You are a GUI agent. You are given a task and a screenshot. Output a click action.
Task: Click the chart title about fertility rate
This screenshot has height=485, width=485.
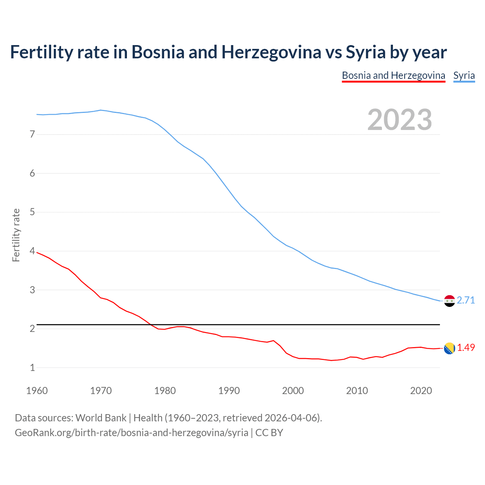[x=228, y=52]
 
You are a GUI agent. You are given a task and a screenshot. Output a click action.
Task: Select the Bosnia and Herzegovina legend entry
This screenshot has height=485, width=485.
[x=393, y=75]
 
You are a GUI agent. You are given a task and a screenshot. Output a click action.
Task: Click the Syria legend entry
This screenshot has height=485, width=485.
[x=464, y=75]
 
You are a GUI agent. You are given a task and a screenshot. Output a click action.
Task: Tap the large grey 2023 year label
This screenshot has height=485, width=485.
[x=399, y=120]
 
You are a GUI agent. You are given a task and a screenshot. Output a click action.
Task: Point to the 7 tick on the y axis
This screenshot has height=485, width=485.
[x=32, y=134]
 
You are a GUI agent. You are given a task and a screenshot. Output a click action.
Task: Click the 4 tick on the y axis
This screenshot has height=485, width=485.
[x=32, y=251]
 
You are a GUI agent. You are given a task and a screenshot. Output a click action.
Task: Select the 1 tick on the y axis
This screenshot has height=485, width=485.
[x=32, y=368]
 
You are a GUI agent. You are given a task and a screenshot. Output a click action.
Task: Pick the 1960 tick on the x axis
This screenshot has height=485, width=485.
[x=37, y=391]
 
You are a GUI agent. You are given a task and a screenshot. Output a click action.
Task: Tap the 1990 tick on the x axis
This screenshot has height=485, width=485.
[x=229, y=391]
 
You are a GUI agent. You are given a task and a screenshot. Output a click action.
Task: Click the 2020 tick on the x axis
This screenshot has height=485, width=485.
[x=421, y=391]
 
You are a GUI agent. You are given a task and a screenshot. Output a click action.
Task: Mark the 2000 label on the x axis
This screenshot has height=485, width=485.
[x=293, y=391]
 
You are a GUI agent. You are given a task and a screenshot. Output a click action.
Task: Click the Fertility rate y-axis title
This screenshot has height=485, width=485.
[x=16, y=235]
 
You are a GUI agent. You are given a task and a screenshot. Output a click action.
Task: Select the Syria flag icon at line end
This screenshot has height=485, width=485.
[x=449, y=301]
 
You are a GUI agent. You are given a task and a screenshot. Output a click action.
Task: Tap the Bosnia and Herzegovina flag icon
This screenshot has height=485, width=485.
[x=449, y=348]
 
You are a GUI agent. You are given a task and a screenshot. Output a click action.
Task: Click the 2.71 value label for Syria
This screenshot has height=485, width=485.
[x=466, y=300]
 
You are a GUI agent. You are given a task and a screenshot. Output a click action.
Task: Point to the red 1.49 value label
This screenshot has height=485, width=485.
[x=466, y=347]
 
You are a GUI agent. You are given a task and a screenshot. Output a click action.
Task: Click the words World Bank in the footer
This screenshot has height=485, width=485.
[x=101, y=418]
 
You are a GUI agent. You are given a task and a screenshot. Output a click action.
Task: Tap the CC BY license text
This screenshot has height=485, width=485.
[x=269, y=433]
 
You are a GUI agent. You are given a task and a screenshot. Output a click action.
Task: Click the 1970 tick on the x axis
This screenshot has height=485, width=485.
[x=101, y=391]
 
